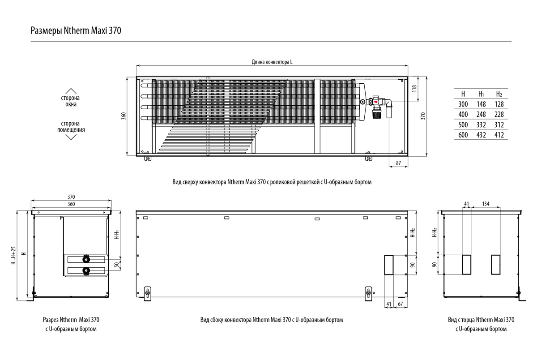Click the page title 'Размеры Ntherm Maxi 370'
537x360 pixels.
[76, 31]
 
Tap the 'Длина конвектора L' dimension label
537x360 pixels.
[272, 62]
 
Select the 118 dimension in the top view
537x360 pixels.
[414, 89]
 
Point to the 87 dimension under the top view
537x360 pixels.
[398, 163]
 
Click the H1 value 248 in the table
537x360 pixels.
[481, 115]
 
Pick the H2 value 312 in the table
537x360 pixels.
[499, 125]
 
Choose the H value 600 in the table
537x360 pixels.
[463, 135]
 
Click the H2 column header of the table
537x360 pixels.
[499, 94]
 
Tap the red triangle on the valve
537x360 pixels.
[375, 102]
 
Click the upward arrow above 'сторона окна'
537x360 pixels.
[71, 91]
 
